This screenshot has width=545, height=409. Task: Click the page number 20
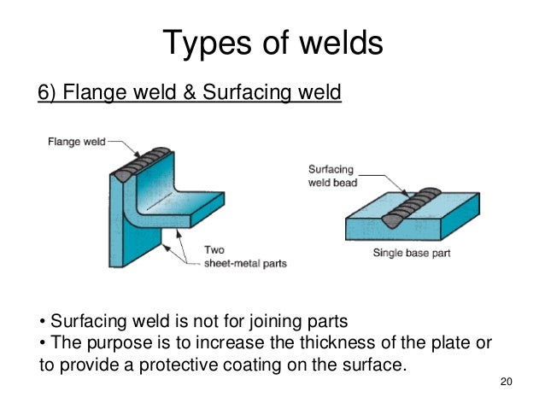tap(505, 382)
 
